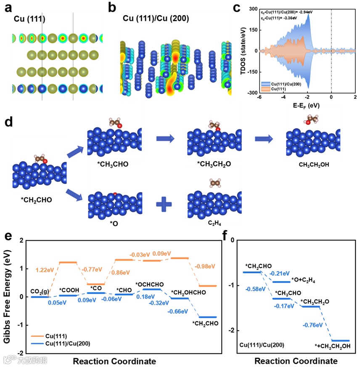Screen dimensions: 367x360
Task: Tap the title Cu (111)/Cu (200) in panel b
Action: [x=156, y=19]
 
